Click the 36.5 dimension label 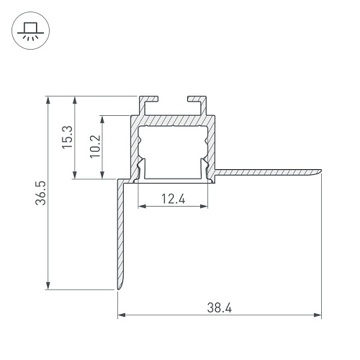coord(40,193)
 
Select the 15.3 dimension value coord(67,137)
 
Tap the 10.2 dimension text coord(95,146)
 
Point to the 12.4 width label coord(174,199)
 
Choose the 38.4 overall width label coord(220,308)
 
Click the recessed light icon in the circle coord(30,31)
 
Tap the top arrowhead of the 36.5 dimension coord(48,100)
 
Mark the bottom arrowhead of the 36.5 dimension coord(48,285)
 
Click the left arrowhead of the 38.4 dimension coord(122,315)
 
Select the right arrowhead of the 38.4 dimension coord(318,315)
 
